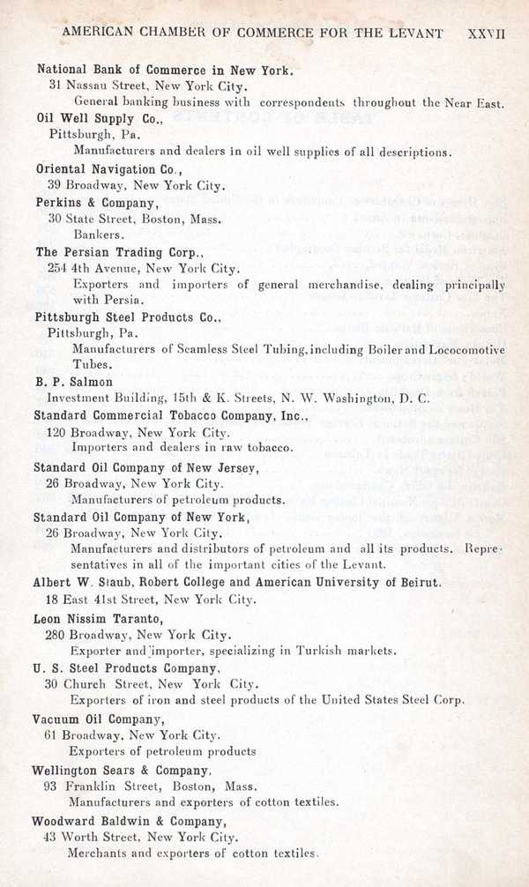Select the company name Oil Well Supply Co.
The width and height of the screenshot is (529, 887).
[x=99, y=117]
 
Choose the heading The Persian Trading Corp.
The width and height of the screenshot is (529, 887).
[x=119, y=252]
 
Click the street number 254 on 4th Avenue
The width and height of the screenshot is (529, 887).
[x=58, y=268]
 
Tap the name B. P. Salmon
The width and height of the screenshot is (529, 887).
[x=74, y=382]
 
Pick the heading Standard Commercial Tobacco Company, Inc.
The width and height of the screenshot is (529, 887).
[x=170, y=415]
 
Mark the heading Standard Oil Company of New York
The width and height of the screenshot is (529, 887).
[x=141, y=517]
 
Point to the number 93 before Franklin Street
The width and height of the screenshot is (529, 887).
[x=50, y=786]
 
